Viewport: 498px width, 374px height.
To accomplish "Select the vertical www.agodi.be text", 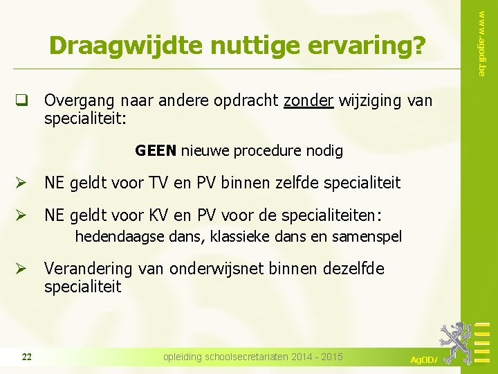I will pyautogui.click(x=481, y=38).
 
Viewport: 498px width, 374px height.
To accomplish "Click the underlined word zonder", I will pyautogui.click(x=308, y=101).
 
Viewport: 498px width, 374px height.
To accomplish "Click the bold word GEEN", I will pyautogui.click(x=156, y=150).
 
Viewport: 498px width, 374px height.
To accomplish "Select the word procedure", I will pyautogui.click(x=266, y=150).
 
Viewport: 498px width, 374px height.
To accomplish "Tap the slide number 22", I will pyautogui.click(x=26, y=357).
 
